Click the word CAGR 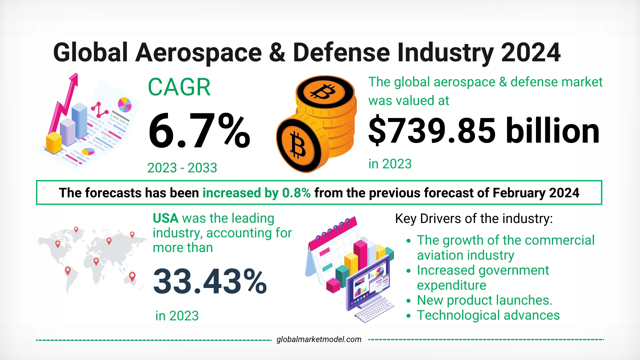179,87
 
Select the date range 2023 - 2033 182,168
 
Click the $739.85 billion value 484,131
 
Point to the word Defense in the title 341,53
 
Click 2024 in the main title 530,53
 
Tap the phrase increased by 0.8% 256,193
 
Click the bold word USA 165,218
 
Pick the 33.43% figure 210,282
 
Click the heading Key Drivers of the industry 474,219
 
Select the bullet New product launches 484,300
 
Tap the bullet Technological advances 488,315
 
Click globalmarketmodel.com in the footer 319,339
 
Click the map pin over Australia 132,276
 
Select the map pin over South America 68,270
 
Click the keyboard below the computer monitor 374,310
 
